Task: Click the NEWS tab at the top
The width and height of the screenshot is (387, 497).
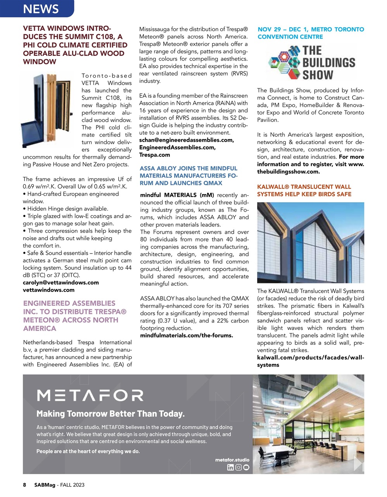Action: [40, 9]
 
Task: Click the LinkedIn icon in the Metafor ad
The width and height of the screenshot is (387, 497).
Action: [230, 467]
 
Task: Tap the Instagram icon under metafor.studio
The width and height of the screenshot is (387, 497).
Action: [238, 467]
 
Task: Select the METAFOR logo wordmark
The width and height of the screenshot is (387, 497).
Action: [90, 396]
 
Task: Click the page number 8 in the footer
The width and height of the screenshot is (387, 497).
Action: [24, 485]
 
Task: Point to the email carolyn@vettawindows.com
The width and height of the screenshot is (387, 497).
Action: [60, 283]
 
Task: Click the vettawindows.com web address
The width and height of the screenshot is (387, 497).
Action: [48, 290]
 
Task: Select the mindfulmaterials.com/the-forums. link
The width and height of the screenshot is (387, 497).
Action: [186, 335]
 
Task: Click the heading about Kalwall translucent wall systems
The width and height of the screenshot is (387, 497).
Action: [304, 190]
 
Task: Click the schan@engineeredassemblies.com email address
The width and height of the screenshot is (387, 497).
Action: [186, 140]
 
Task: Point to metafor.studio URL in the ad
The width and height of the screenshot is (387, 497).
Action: [232, 460]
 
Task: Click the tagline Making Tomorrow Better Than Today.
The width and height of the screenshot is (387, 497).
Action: [110, 414]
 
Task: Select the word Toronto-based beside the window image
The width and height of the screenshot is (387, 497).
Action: [106, 76]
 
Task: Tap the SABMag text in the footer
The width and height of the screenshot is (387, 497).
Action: [43, 485]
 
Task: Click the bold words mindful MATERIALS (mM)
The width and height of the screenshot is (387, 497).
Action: [177, 195]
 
